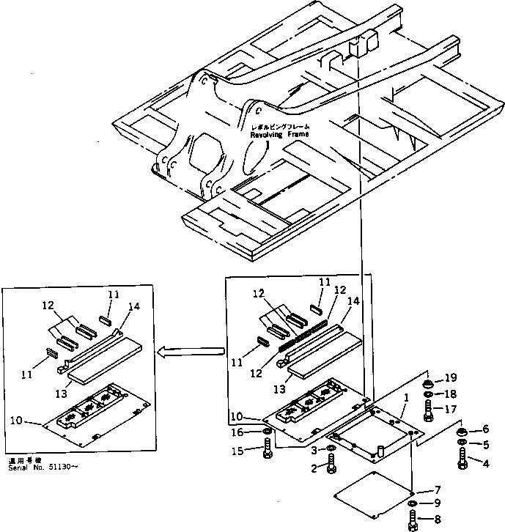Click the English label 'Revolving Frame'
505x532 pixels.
279,136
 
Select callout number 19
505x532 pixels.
451,378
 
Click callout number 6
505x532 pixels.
483,429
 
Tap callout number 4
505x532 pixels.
483,462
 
